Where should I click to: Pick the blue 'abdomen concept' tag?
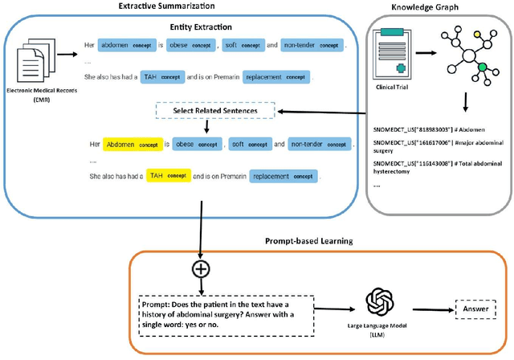click(131, 46)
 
